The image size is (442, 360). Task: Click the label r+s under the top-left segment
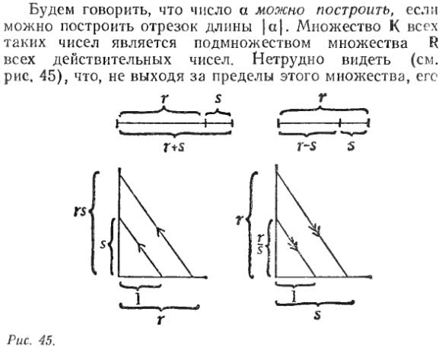click(x=175, y=147)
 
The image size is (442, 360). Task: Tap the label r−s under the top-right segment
click(x=307, y=146)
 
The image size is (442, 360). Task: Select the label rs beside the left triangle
click(x=80, y=212)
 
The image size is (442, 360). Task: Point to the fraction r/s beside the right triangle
click(x=260, y=244)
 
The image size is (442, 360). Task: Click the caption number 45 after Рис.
click(x=46, y=340)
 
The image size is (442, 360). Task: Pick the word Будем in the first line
click(x=52, y=11)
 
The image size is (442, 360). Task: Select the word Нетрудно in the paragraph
click(x=288, y=59)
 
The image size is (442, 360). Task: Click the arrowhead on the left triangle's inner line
click(x=142, y=247)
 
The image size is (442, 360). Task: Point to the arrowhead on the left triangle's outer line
click(x=161, y=231)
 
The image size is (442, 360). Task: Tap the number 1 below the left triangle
click(x=138, y=299)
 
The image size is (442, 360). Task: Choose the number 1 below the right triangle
click(x=294, y=296)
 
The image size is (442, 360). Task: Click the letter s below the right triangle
click(x=318, y=315)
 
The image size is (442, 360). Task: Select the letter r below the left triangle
click(x=161, y=320)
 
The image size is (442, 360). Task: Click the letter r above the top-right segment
click(x=322, y=98)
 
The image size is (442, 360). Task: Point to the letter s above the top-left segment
click(x=218, y=99)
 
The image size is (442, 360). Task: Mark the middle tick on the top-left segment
click(x=205, y=123)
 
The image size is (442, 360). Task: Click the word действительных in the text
click(x=112, y=59)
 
